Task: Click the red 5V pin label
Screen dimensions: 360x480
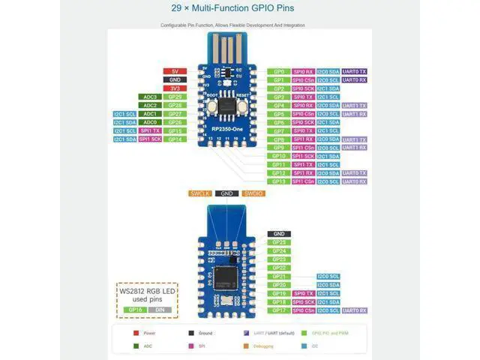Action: click(x=175, y=71)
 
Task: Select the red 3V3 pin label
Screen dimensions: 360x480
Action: click(x=175, y=88)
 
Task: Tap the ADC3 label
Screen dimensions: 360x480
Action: click(x=149, y=97)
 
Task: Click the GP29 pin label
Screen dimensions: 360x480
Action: click(x=175, y=97)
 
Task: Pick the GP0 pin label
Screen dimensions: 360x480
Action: click(x=278, y=71)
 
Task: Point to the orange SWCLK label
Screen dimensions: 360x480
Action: click(x=199, y=193)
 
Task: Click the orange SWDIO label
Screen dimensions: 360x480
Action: click(x=253, y=193)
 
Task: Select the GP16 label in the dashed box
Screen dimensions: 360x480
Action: click(x=136, y=310)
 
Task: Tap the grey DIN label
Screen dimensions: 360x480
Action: click(x=160, y=310)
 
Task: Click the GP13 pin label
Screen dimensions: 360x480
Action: click(x=278, y=181)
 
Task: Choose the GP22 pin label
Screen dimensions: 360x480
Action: click(x=279, y=268)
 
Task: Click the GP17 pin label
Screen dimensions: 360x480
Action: click(x=279, y=310)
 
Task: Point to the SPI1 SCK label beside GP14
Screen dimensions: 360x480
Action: click(x=149, y=139)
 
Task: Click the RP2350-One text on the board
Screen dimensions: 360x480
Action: click(x=226, y=130)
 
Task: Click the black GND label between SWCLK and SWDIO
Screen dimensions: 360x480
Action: click(x=226, y=193)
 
